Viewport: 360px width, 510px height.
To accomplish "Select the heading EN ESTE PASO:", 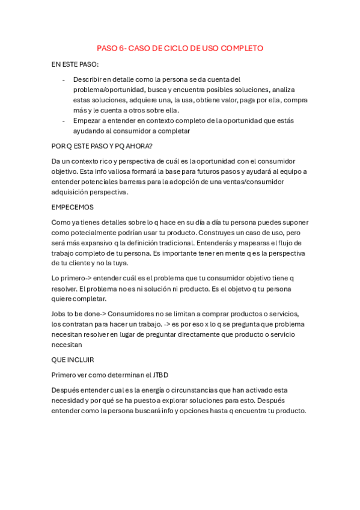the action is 76,64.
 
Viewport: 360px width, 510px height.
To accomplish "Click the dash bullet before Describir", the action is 64,79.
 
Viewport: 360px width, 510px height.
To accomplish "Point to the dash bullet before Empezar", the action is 64,120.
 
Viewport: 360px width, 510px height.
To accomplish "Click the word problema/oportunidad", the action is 109,90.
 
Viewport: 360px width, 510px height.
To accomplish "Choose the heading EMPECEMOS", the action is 73,207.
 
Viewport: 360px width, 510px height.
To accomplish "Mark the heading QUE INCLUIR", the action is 73,360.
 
